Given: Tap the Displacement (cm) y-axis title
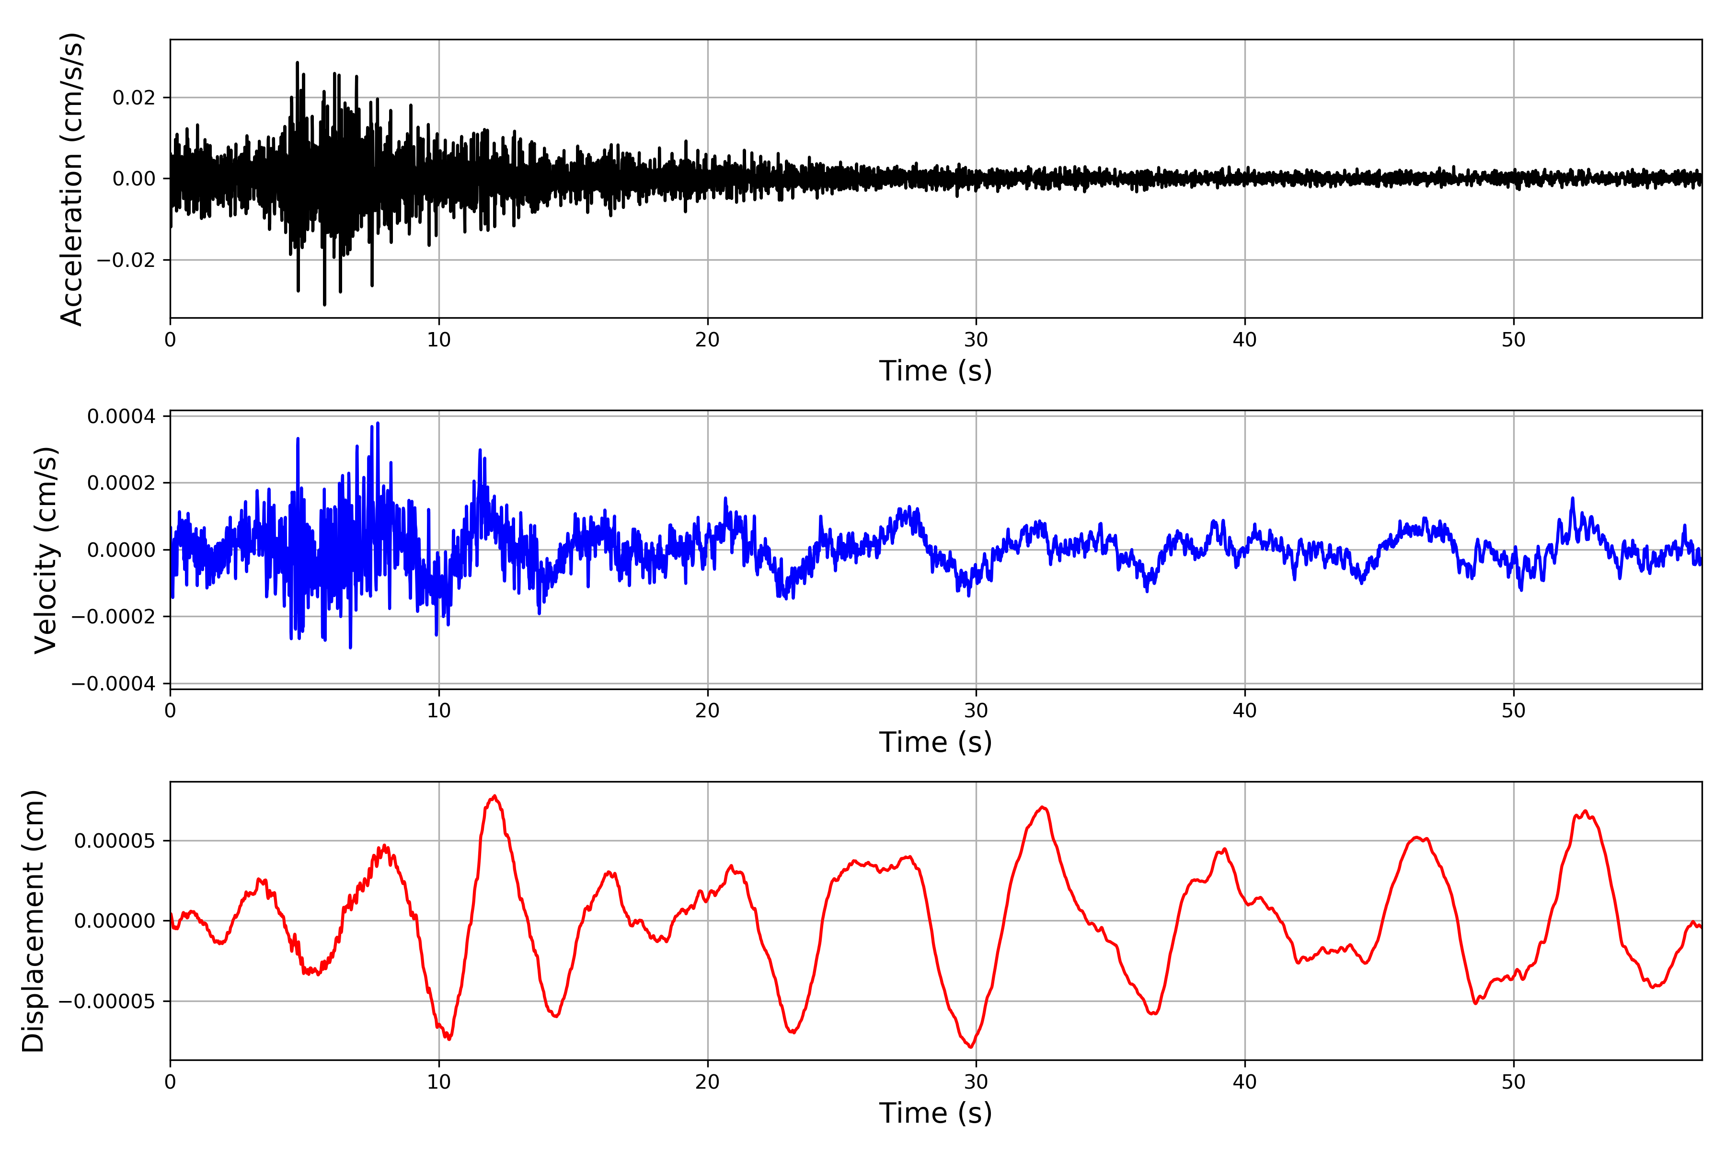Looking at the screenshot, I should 33,921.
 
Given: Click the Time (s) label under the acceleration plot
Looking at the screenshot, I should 935,371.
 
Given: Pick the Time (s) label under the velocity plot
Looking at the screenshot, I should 935,742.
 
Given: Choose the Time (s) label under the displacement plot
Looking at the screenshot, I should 935,1113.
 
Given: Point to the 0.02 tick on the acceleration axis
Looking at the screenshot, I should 134,98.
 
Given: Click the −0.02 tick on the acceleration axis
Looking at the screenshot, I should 126,260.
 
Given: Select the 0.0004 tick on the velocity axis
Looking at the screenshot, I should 121,416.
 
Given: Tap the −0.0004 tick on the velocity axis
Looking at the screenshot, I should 113,684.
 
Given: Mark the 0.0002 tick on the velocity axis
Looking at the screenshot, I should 121,483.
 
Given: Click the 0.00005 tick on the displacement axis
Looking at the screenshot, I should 115,840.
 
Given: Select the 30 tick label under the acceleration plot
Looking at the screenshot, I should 976,340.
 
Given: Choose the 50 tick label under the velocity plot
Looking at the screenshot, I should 1513,711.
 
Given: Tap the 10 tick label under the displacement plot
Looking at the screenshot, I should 438,1082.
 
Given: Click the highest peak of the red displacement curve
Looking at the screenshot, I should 495,796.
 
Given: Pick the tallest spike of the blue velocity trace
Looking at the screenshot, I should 378,423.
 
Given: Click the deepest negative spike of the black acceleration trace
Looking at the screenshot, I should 324,304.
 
